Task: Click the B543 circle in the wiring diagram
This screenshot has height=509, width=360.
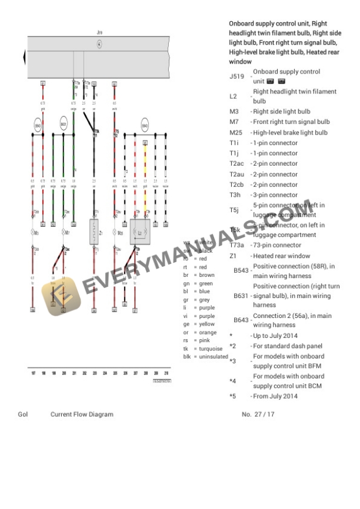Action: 38,126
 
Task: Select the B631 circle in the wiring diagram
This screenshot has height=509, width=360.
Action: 64,125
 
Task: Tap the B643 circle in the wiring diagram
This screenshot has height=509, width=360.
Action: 145,126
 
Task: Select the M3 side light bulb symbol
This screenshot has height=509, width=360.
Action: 36,233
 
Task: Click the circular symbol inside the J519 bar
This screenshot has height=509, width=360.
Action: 99,44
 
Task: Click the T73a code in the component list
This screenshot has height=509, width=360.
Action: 237,245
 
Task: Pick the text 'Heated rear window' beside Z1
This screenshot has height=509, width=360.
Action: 281,256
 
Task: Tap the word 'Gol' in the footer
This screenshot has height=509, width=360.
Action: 23,414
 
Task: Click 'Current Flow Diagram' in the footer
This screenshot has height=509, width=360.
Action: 82,414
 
